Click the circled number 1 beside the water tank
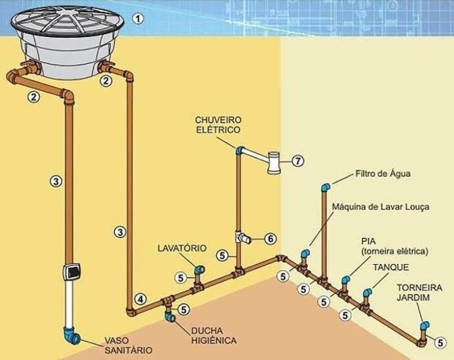pos(138,18)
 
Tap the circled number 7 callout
pos(298,160)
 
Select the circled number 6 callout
pos(270,239)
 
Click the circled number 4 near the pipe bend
pos(140,299)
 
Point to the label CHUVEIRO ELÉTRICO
pos(218,125)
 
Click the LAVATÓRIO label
pos(182,248)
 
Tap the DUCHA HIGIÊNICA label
pos(214,335)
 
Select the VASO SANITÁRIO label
pos(128,345)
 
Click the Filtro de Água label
pos(383,174)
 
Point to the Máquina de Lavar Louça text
pos(380,207)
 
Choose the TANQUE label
pos(391,267)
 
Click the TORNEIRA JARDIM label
pos(419,293)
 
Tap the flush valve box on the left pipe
pos(71,272)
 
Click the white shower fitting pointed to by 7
pos(274,163)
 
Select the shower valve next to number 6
pos(243,238)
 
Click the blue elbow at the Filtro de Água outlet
pos(326,187)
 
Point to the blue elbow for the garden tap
pos(425,325)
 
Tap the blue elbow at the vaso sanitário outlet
pos(71,337)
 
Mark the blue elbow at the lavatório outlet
pos(199,270)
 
